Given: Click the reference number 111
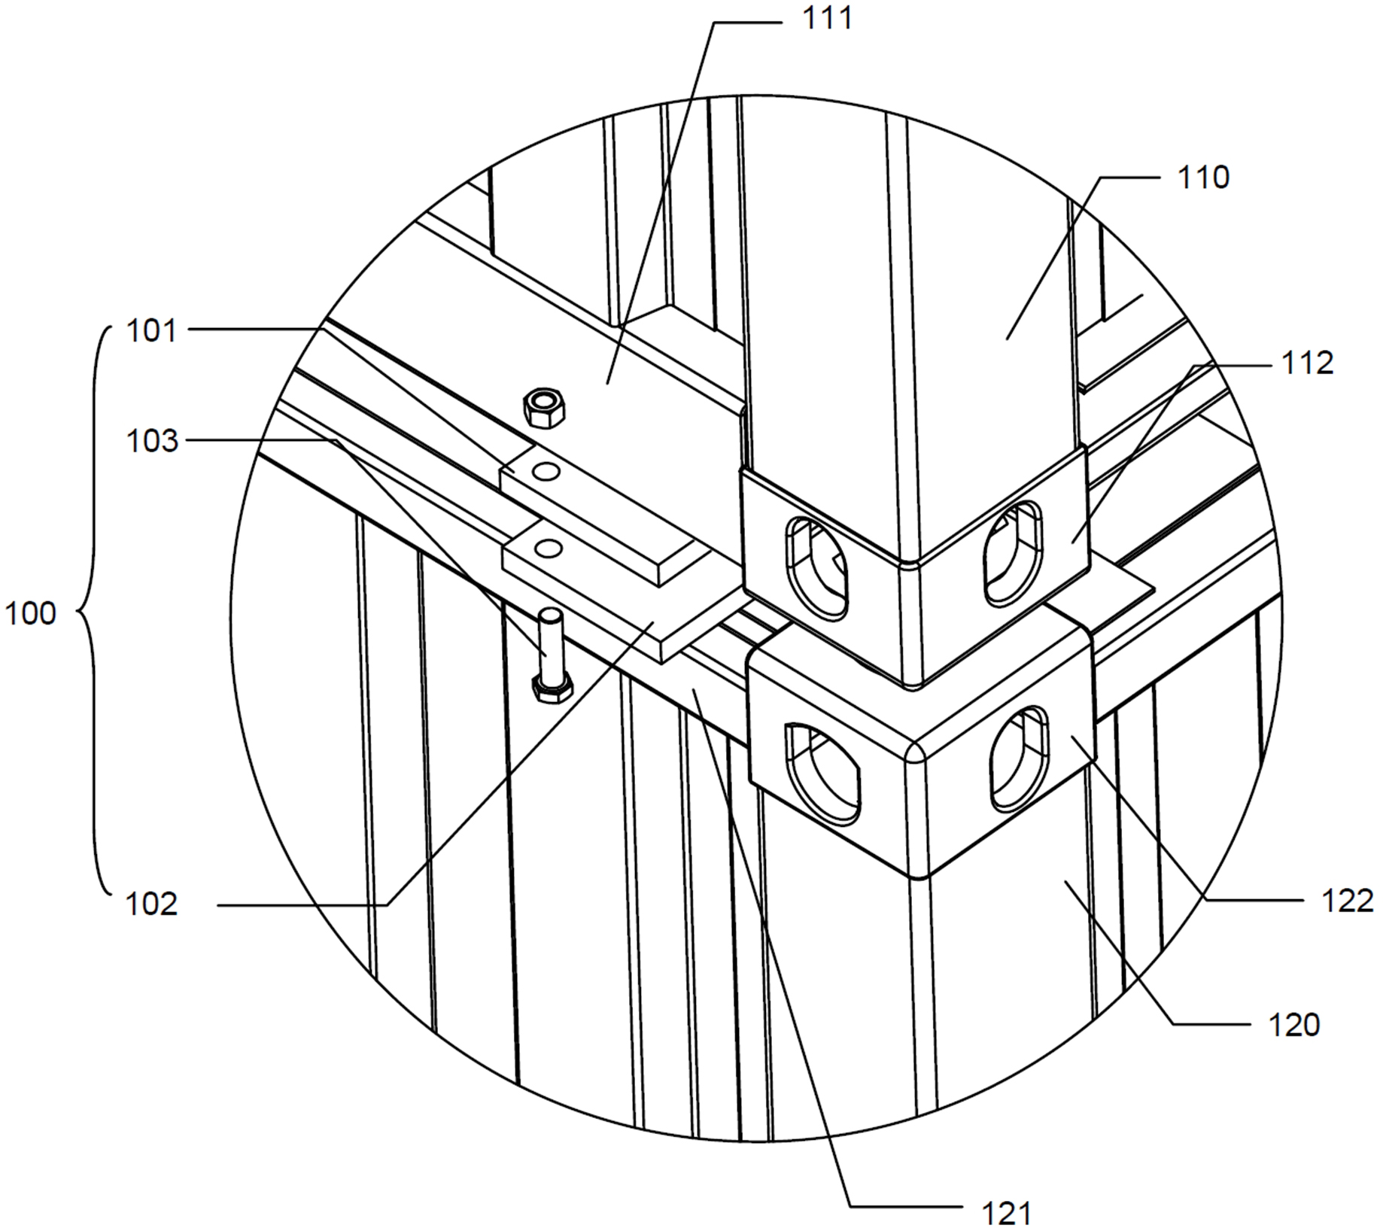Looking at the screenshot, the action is click(828, 17).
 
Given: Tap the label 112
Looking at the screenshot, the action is click(1308, 363).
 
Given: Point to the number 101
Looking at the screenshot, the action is click(151, 330).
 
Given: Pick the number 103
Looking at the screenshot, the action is click(152, 441).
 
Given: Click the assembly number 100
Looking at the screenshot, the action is click(31, 614).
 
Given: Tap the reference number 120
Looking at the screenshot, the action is click(1294, 1024).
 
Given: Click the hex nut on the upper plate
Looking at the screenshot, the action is click(545, 407).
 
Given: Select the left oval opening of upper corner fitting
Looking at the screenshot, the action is click(817, 567).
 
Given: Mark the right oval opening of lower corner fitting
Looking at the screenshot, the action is click(1019, 760).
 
